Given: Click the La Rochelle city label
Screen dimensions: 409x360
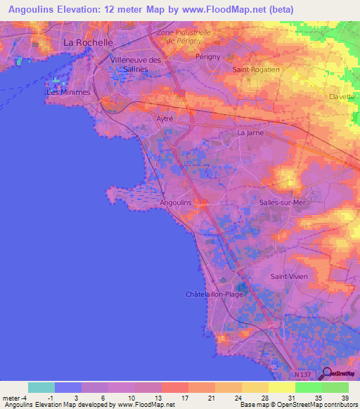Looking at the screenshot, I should coord(89,42).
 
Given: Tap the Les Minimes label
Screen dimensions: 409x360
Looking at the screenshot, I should coord(68,92).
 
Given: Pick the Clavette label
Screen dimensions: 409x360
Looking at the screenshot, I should coord(342,97).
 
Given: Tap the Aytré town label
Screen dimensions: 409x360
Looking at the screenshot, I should coord(164,119).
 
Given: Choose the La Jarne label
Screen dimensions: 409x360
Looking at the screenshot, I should coord(250,132).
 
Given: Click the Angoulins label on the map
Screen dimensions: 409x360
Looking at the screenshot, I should coord(176,202).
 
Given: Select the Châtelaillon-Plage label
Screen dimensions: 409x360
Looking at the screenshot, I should coord(214,294).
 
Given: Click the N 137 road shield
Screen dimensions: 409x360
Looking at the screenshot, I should coord(304,375).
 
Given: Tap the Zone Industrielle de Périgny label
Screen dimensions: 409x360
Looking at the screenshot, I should coord(184,37).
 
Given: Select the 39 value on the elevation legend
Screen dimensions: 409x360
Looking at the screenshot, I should coord(345,398).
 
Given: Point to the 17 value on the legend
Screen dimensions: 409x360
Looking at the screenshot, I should coord(185,398).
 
